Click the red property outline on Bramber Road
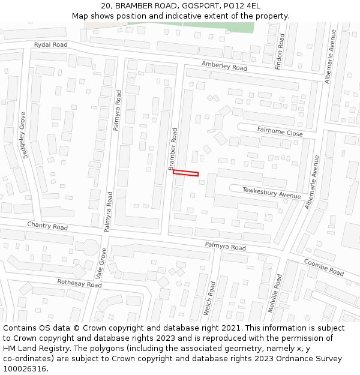point(185,173)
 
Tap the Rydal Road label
point(50,45)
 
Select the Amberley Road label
point(224,66)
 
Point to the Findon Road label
point(280,51)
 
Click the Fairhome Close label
point(280,131)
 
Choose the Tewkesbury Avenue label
point(271,193)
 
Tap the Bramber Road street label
point(173,148)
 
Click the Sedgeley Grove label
point(24,135)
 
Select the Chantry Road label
point(47,226)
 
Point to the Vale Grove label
point(103,263)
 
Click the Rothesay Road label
point(79,283)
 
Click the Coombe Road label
point(323,268)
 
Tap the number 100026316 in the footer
point(23,368)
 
